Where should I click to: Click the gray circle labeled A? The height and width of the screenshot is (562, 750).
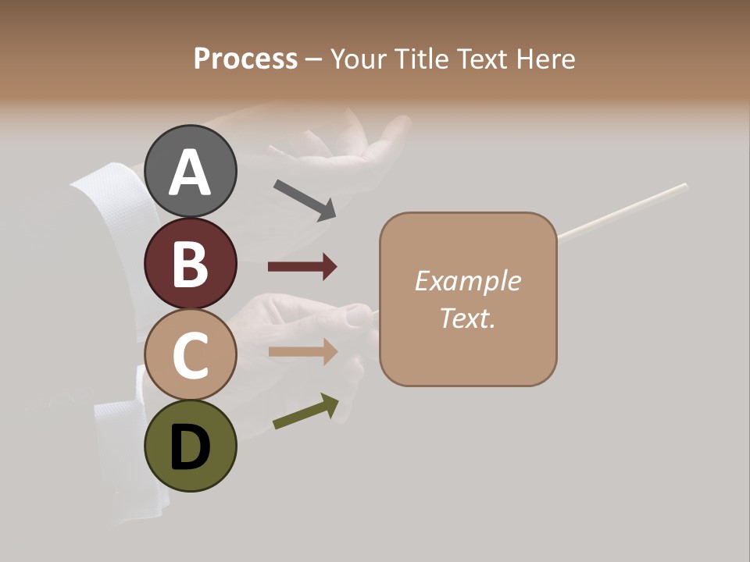(x=190, y=171)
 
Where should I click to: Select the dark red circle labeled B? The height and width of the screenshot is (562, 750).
(x=190, y=263)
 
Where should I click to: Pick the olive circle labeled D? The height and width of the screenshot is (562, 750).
(x=190, y=446)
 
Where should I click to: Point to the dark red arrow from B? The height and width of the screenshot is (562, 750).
(x=302, y=267)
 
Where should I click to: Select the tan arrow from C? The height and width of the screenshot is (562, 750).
(x=302, y=351)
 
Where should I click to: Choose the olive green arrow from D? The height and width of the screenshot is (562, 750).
(x=305, y=411)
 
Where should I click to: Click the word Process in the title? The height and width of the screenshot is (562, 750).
(x=245, y=59)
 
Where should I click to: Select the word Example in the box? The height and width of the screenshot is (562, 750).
(x=467, y=281)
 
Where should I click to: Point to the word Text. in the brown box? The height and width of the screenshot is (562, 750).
(x=467, y=318)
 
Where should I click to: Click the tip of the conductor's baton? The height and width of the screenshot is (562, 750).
(x=684, y=186)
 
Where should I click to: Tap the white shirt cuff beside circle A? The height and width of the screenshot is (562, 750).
(x=105, y=195)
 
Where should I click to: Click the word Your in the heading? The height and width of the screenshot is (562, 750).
(x=359, y=59)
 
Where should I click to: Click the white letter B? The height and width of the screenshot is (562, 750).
(x=190, y=263)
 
